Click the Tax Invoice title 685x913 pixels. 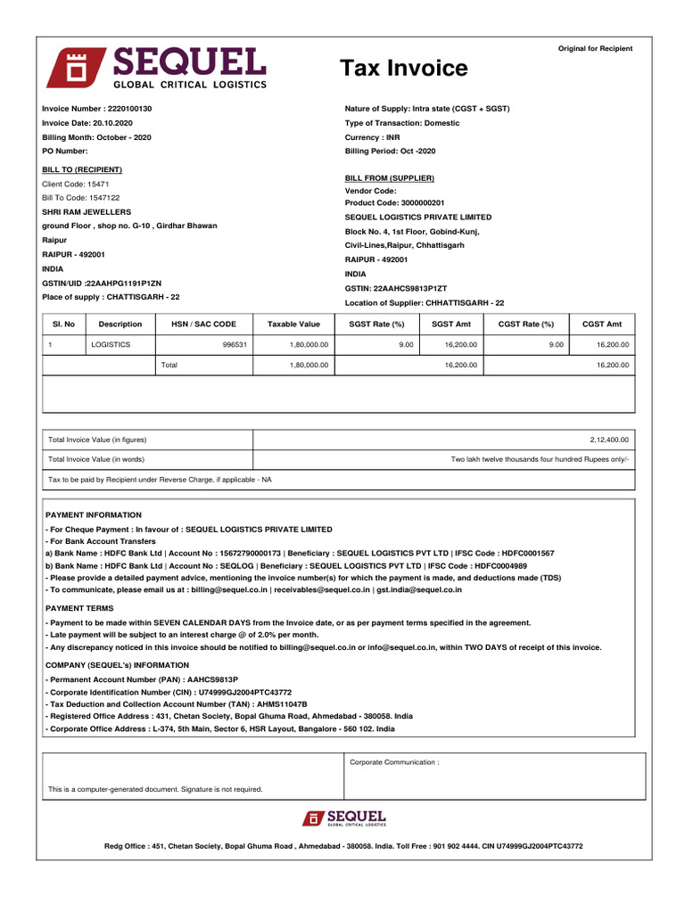(x=403, y=69)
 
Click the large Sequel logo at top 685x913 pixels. (x=156, y=68)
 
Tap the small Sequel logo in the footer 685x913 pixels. (x=343, y=818)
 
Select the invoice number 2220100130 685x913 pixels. (x=96, y=109)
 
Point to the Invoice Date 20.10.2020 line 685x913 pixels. (x=87, y=123)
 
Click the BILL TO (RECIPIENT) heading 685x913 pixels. (x=82, y=169)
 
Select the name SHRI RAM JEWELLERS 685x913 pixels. (x=87, y=212)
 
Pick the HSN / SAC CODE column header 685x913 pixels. (x=203, y=324)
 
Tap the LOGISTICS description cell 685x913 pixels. (x=111, y=344)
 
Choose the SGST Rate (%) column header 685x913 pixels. (x=376, y=324)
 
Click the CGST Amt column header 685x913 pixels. (x=602, y=324)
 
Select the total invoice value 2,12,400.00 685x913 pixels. (x=608, y=440)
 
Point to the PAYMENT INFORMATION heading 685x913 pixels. (x=94, y=515)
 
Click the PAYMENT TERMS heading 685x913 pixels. (x=79, y=608)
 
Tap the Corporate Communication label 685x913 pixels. (x=394, y=762)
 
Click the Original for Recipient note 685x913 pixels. (x=595, y=49)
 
